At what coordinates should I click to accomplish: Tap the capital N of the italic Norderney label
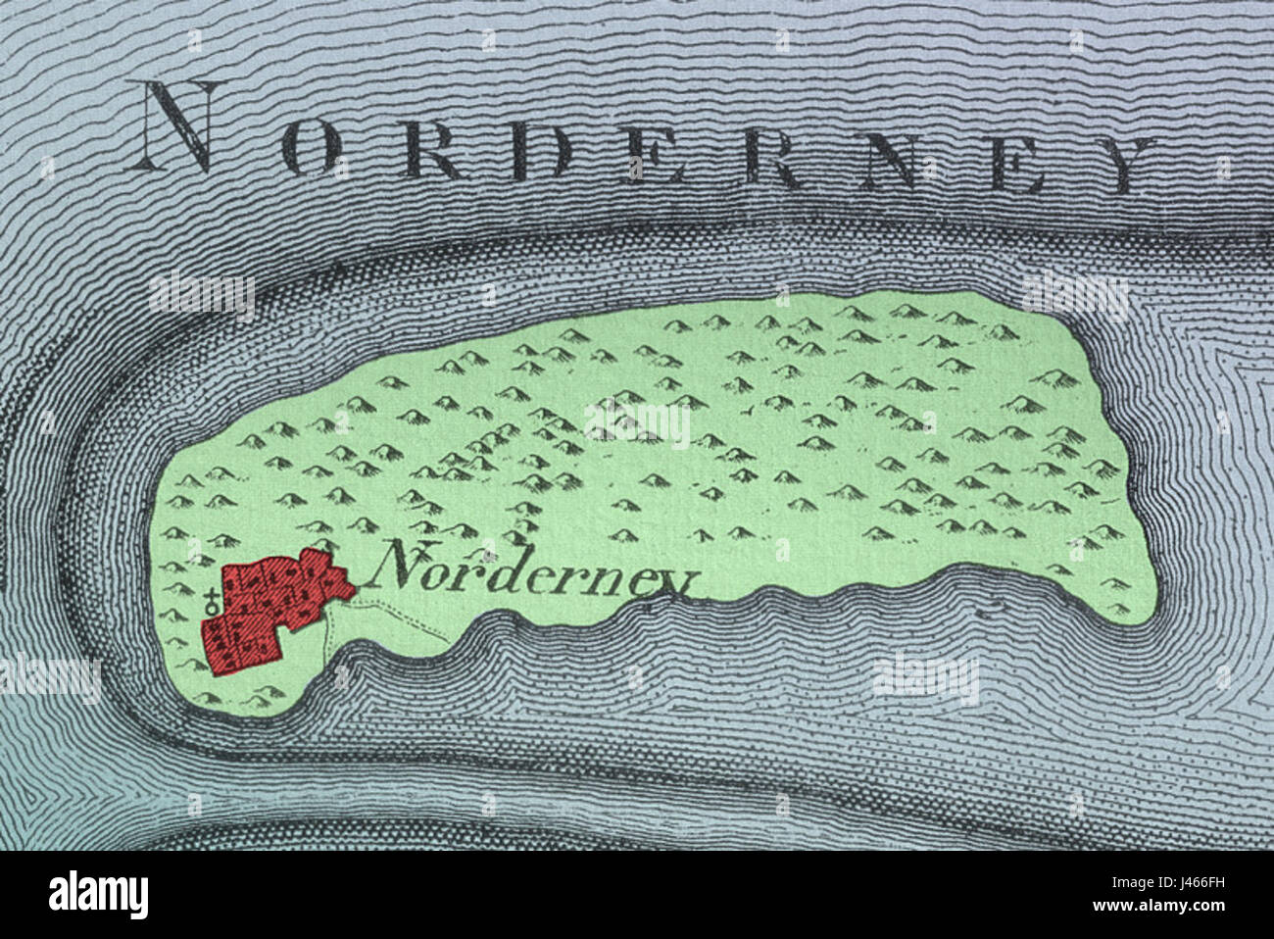point(402,564)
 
